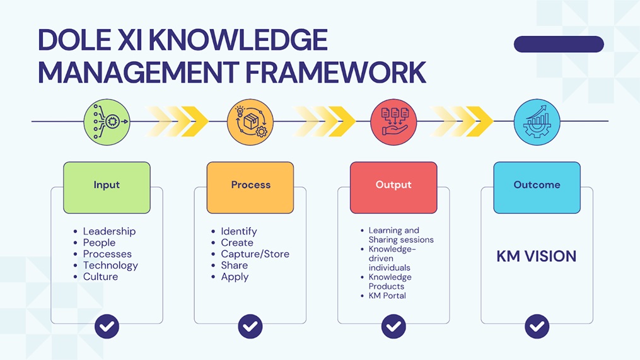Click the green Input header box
(107, 187)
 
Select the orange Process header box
(250, 187)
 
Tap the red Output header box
(393, 187)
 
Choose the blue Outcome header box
(537, 187)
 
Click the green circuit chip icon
(107, 122)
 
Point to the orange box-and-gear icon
(250, 122)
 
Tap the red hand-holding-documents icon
(394, 122)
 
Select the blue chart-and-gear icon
(537, 122)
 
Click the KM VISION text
(537, 257)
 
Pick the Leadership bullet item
(109, 231)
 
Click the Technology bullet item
(110, 265)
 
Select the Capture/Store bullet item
(255, 254)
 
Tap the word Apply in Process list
(235, 277)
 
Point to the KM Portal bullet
(387, 296)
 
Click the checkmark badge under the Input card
(107, 326)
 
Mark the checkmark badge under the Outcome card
(537, 326)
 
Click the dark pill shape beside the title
(559, 44)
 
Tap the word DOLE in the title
(73, 40)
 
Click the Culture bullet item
(100, 277)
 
